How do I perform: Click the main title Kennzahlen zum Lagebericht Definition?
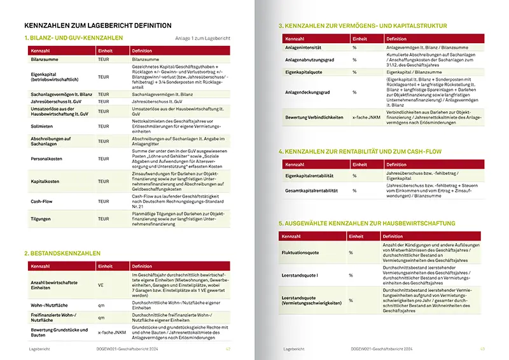tap(97, 25)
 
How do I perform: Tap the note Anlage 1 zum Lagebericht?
tap(202, 39)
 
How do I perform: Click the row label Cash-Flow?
tap(41, 201)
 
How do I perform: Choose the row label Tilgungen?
tap(41, 218)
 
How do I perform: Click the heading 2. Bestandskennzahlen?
tap(64, 253)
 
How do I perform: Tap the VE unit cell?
tap(102, 284)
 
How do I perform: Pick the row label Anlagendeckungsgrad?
tap(309, 92)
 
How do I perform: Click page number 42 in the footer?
tap(227, 349)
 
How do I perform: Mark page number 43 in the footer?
tap(482, 349)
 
